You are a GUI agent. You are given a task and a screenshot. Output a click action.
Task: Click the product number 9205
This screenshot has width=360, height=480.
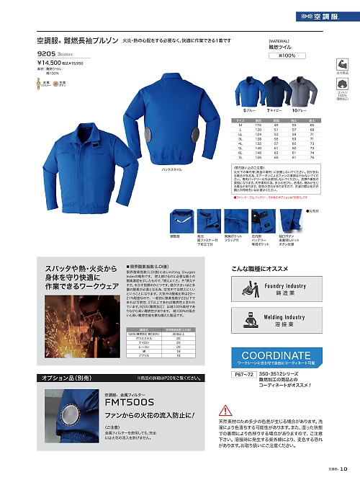click(x=48, y=53)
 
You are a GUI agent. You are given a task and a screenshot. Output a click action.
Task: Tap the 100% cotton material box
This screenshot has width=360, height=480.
click(x=282, y=55)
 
